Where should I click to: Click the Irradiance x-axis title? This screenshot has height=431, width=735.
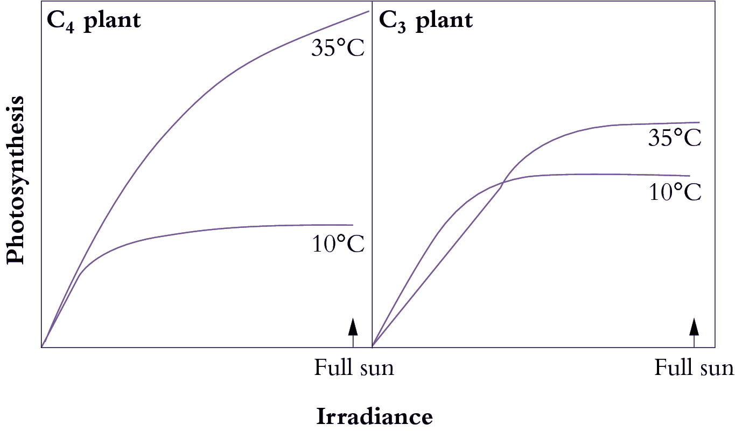(374, 417)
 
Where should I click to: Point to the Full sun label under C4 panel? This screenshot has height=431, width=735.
(354, 369)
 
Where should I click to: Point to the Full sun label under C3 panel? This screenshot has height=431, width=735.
(694, 369)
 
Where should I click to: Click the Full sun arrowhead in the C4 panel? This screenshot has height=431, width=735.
(353, 326)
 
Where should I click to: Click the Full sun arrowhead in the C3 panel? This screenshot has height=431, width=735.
(694, 326)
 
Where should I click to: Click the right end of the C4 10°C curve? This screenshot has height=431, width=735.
(353, 225)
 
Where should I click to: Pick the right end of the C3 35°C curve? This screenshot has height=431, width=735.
(699, 122)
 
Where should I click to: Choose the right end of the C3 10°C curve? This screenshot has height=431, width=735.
(689, 176)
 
